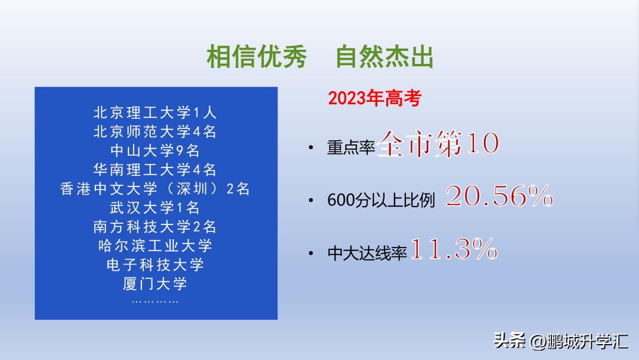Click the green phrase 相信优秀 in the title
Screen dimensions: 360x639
click(x=257, y=57)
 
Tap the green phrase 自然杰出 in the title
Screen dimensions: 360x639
click(x=385, y=57)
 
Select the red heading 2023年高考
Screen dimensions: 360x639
click(x=375, y=98)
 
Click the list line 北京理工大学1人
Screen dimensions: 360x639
click(x=156, y=112)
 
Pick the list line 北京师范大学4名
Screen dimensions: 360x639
click(x=156, y=131)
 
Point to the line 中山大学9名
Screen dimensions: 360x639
click(x=156, y=150)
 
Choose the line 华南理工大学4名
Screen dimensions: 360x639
click(x=156, y=170)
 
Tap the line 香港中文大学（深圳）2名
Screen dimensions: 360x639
click(x=156, y=189)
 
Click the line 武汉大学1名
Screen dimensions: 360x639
click(x=156, y=208)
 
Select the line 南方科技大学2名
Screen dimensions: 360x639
click(x=156, y=227)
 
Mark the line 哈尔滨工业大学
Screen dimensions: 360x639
click(x=156, y=246)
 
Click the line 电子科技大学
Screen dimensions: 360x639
click(x=156, y=265)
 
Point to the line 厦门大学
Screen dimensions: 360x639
click(x=156, y=284)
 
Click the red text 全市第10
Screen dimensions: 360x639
click(x=438, y=144)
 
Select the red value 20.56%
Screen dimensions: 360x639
click(x=499, y=197)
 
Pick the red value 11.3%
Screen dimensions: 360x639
click(x=453, y=250)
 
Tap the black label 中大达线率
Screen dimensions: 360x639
click(x=367, y=254)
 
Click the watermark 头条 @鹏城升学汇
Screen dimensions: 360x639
click(x=561, y=341)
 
